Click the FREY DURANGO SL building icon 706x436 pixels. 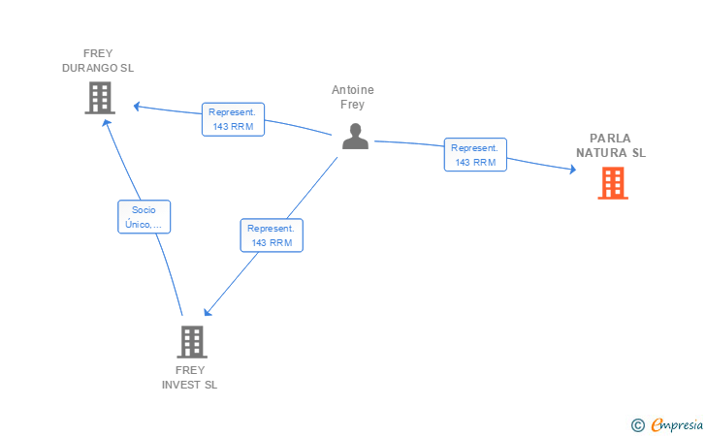click(100, 98)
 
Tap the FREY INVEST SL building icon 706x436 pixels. click(192, 342)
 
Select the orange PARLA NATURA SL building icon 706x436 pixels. click(613, 183)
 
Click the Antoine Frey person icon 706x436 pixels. click(355, 136)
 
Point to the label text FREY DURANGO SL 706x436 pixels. click(98, 61)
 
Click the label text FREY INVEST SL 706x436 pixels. click(189, 378)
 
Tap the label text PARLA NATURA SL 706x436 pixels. click(611, 145)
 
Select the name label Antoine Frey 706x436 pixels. click(353, 97)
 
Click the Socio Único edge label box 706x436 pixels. click(144, 217)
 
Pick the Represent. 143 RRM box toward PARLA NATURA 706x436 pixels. click(475, 155)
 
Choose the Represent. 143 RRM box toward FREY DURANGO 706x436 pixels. click(233, 119)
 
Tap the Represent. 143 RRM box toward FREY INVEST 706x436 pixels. click(272, 235)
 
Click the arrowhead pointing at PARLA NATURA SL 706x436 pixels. click(573, 170)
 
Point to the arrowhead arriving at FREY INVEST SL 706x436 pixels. click(208, 311)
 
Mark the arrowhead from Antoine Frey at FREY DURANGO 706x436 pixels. click(138, 107)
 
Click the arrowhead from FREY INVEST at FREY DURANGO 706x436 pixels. click(107, 123)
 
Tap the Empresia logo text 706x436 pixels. click(677, 424)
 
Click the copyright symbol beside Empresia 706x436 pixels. click(637, 425)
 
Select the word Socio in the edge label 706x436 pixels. click(144, 209)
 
